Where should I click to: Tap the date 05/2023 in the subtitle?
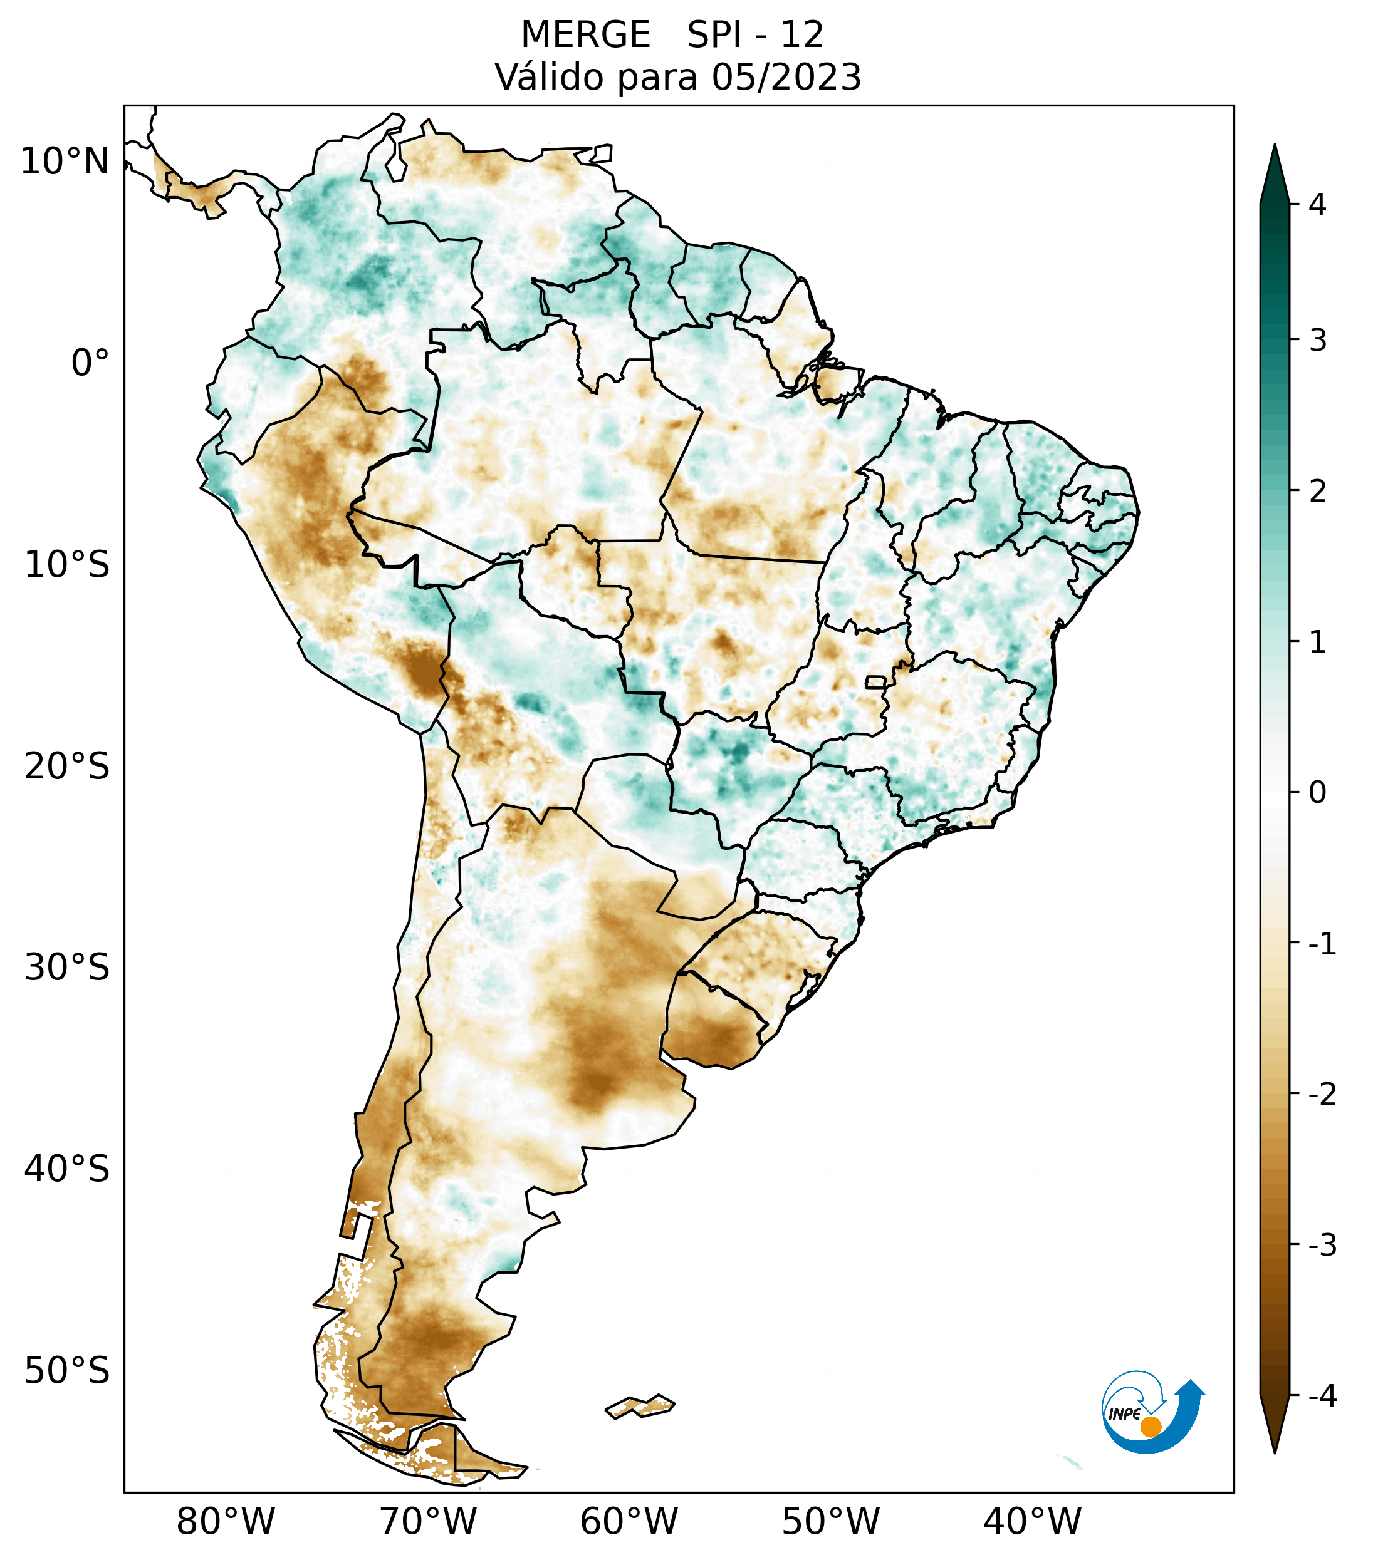[786, 78]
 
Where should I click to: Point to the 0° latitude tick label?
[90, 363]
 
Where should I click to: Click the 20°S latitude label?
[66, 767]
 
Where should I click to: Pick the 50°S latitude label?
[66, 1371]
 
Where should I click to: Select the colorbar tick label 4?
[1317, 205]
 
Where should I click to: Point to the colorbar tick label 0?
[1317, 793]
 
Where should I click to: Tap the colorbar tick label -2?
[1322, 1095]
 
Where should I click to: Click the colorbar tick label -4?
[1322, 1397]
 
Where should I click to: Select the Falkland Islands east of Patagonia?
[640, 1405]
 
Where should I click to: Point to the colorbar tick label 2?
[1317, 492]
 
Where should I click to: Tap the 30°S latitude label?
[66, 968]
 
